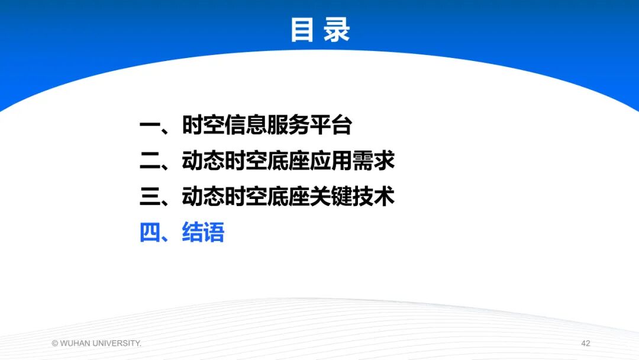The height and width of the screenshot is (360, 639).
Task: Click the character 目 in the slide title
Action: coord(301,30)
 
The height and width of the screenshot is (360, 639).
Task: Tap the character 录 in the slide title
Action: coord(337,30)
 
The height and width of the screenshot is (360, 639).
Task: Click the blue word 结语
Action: coord(203,233)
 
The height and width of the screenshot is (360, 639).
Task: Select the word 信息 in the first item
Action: coord(246,126)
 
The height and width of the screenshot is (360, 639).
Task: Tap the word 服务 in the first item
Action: coord(288,126)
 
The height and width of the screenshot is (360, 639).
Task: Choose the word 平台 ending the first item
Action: coord(331,126)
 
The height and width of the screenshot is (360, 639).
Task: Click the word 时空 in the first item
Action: coord(203,126)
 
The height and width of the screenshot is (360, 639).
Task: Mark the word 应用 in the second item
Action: coord(331,161)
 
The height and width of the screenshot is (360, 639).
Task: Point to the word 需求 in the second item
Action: coord(373,161)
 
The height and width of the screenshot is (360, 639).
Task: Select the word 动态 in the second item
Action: coord(203,161)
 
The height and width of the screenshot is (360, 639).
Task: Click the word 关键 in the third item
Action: coord(331,197)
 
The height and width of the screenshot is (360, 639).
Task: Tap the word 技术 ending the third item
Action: coord(373,197)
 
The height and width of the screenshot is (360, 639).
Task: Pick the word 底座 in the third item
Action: coord(288,197)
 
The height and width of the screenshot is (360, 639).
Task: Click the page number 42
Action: coord(586,343)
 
